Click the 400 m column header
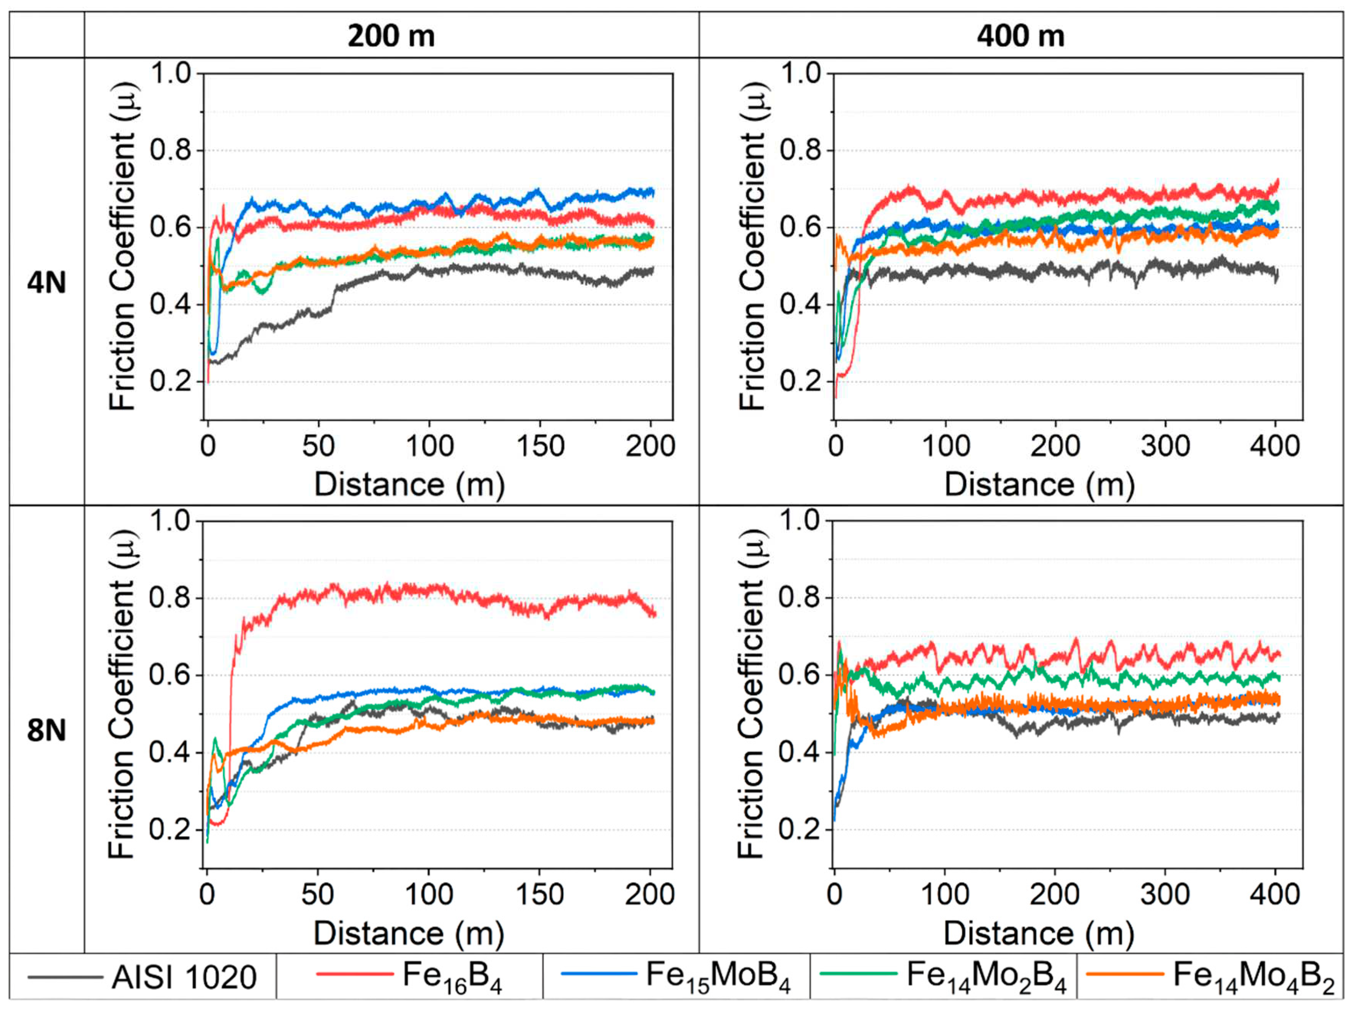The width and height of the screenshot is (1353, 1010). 1020,36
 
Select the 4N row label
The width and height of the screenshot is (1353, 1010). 46,283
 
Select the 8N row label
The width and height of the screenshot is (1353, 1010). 46,730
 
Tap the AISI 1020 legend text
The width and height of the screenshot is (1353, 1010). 183,977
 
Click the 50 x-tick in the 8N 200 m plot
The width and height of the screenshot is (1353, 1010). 318,894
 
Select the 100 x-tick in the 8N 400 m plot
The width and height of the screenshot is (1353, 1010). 945,894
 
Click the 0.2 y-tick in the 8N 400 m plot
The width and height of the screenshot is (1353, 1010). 799,830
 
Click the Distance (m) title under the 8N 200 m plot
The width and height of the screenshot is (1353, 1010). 409,933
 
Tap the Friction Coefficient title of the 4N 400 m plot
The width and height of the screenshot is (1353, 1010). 752,245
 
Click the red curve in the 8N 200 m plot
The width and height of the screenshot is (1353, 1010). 428,590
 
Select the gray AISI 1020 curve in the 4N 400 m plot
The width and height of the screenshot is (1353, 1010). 1040,272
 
